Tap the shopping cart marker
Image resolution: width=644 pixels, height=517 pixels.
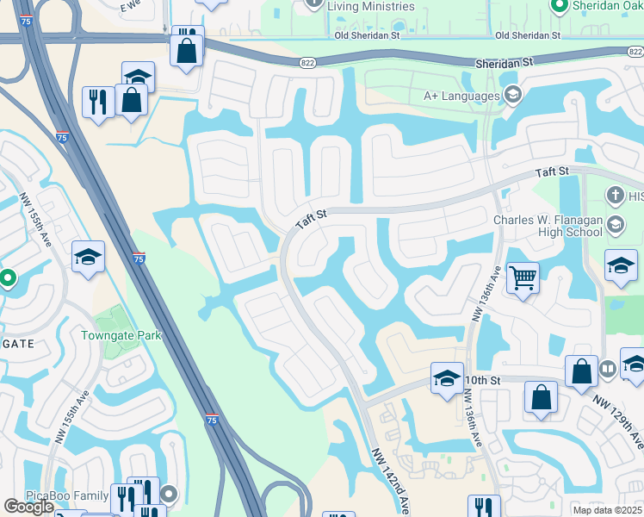pos(523,278)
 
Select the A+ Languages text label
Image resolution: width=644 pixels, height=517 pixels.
pos(461,96)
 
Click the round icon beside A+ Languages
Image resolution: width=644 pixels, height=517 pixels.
pos(512,95)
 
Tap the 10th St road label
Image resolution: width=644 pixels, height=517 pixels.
pos(483,380)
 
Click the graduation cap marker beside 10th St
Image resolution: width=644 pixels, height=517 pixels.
pos(447,379)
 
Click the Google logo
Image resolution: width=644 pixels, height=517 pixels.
pos(28,507)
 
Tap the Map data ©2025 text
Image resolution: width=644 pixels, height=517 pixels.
pos(607,510)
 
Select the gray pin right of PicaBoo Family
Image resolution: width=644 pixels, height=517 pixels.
pos(169,495)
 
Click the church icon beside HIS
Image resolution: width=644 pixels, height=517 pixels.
pos(615,196)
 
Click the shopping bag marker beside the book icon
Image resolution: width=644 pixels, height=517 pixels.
pos(581,371)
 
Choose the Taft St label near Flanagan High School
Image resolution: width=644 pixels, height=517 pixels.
pos(552,172)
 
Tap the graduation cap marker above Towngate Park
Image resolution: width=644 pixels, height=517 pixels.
pos(88,258)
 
